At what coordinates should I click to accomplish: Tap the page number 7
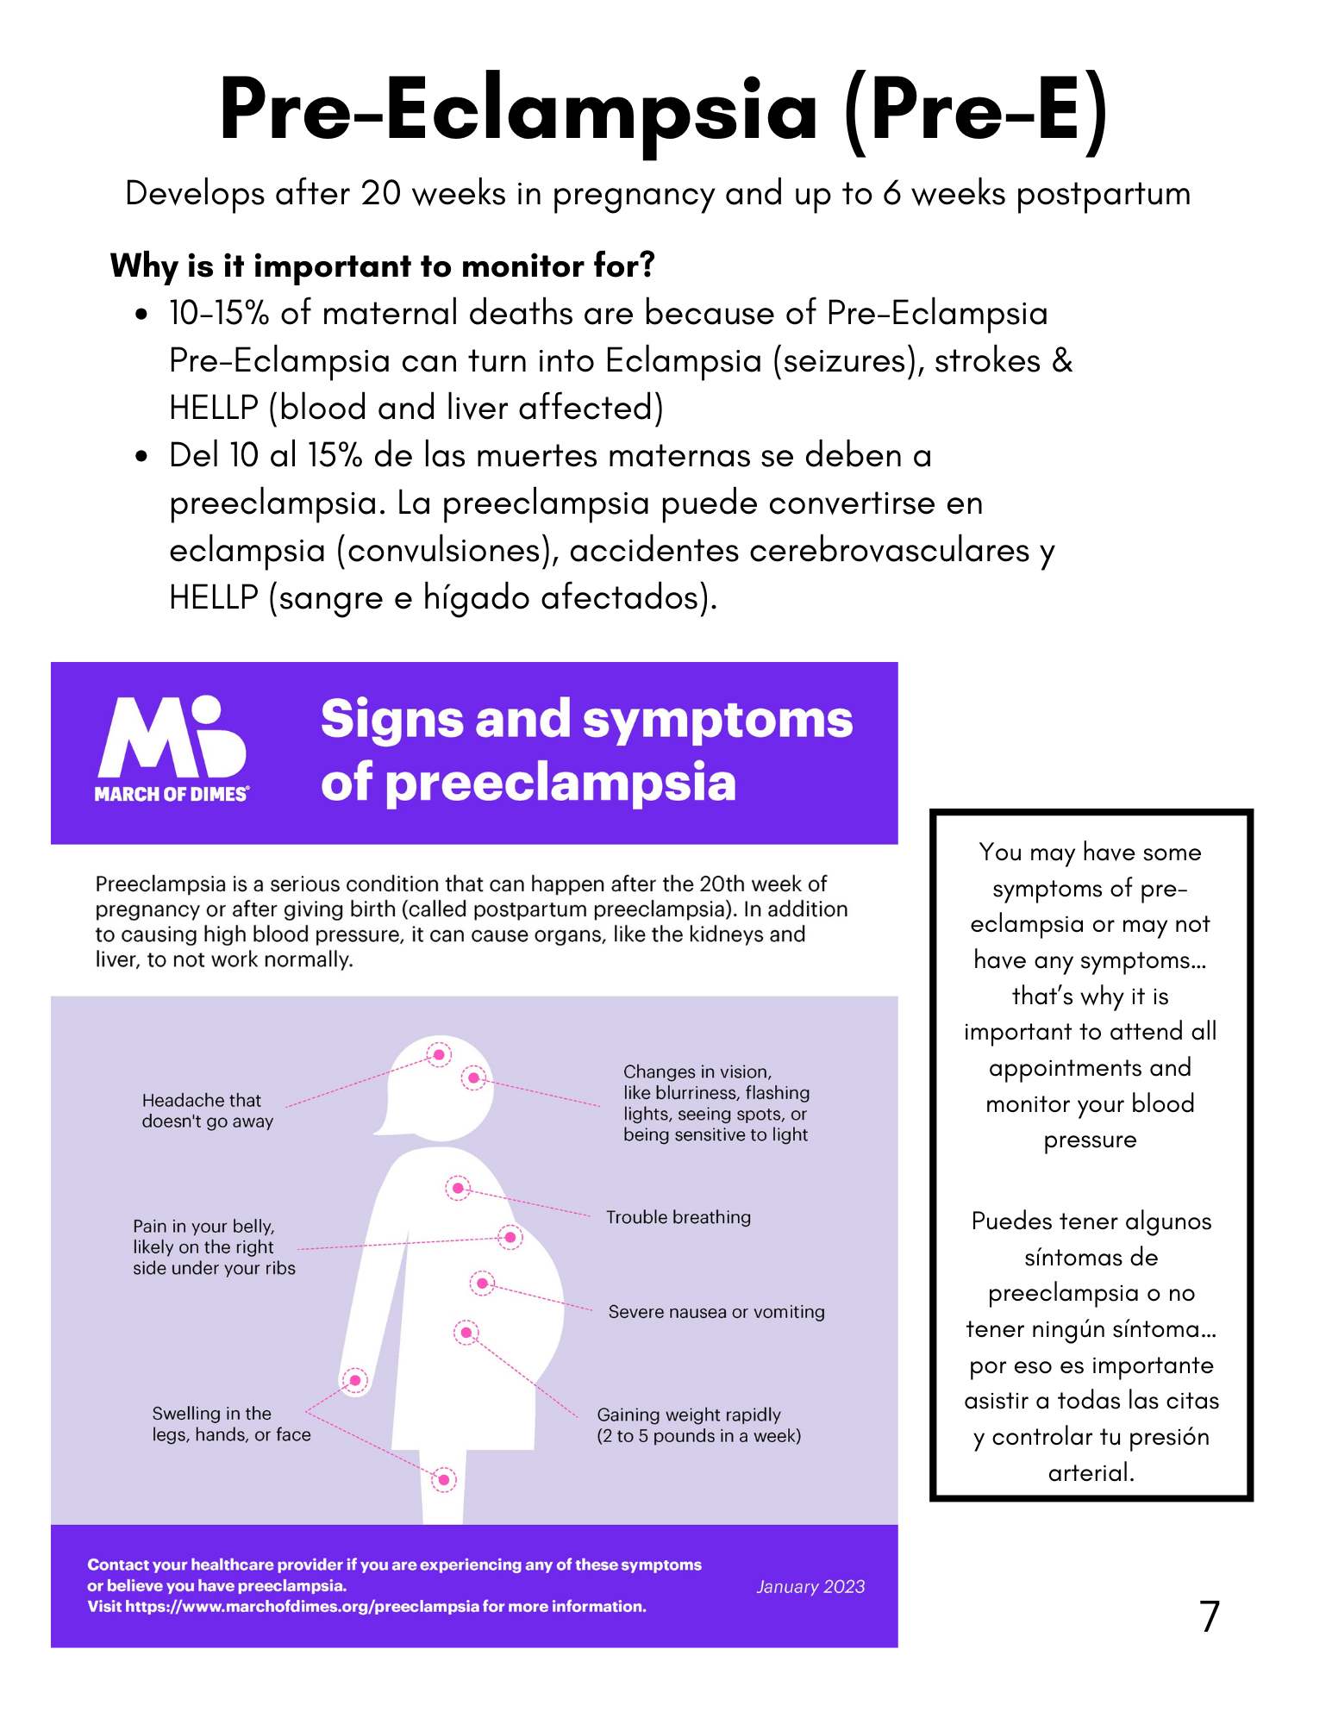(1209, 1616)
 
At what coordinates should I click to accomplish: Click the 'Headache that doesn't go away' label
(207, 1110)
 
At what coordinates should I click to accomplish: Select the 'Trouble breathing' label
(678, 1217)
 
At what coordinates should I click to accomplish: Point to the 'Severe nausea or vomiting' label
(716, 1312)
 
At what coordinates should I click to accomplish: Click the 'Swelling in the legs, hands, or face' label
(231, 1424)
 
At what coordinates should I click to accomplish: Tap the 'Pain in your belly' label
(214, 1246)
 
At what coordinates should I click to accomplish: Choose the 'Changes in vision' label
(716, 1102)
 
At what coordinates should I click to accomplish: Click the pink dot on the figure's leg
(444, 1480)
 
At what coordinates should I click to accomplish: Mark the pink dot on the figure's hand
(354, 1380)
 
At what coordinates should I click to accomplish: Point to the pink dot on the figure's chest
(458, 1188)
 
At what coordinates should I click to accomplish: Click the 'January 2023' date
(810, 1587)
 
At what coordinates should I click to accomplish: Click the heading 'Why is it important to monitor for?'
(382, 265)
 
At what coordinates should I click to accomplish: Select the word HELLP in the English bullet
(213, 408)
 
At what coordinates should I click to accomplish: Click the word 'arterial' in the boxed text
(1090, 1472)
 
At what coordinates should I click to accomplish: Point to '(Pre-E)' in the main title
(976, 110)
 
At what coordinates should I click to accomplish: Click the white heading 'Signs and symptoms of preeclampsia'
(586, 750)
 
